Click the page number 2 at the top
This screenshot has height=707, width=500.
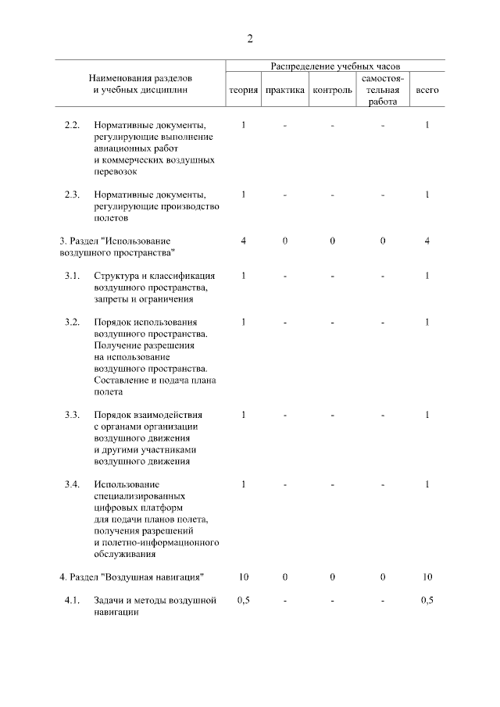[250, 39]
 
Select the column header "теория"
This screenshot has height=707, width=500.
[243, 91]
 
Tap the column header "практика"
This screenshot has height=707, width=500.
[284, 91]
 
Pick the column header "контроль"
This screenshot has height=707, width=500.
[332, 91]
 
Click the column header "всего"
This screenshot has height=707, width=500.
[427, 91]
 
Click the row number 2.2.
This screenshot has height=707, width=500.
[73, 125]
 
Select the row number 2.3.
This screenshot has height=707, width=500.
[73, 195]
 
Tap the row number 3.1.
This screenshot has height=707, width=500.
[73, 275]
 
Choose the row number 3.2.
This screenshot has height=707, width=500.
[73, 322]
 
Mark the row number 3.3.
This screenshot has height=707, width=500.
[73, 414]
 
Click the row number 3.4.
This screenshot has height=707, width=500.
[73, 484]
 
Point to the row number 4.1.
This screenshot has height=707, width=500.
[73, 600]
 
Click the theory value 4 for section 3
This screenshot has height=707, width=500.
[244, 241]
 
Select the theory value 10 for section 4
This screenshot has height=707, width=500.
[244, 577]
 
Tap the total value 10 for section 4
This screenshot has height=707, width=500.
[427, 577]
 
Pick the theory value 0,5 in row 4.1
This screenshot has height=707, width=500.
[244, 600]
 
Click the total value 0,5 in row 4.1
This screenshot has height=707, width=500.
[427, 600]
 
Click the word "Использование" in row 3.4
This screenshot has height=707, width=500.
[125, 484]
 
